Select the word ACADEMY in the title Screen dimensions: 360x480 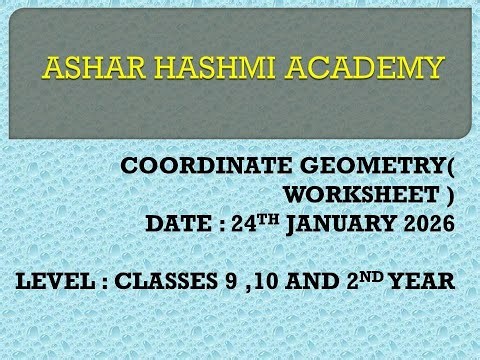point(358,68)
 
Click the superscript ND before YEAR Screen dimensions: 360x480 point(375,274)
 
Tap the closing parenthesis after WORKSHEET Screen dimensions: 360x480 point(450,194)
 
